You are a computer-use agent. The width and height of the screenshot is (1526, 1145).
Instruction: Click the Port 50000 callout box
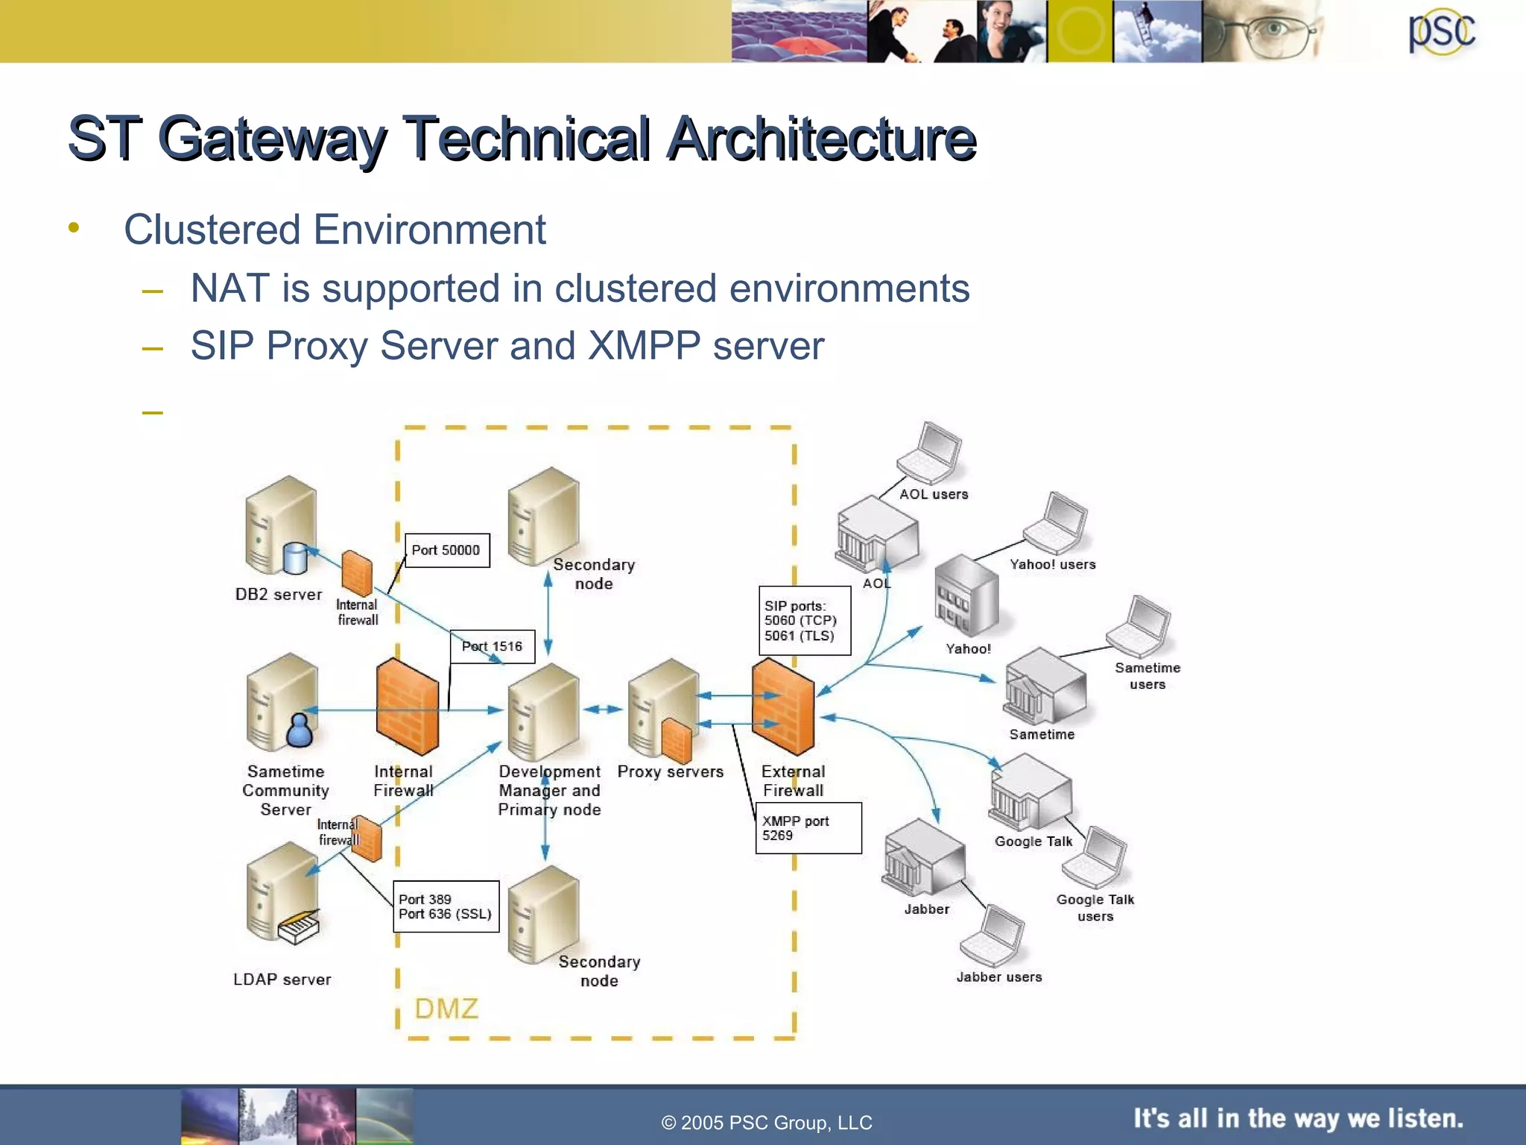tap(446, 550)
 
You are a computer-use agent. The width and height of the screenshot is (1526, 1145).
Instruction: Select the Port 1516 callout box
tap(492, 646)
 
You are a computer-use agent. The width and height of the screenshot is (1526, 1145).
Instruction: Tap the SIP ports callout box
tap(804, 620)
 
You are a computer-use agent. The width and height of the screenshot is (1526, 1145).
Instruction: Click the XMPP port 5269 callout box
tap(808, 827)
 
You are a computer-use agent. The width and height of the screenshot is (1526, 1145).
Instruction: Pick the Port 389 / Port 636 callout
tap(446, 906)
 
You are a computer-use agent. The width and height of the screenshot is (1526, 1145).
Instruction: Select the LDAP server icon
tap(283, 895)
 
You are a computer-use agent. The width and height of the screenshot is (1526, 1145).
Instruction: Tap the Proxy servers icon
tap(663, 708)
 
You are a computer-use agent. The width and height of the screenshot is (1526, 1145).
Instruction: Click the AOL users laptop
tap(929, 453)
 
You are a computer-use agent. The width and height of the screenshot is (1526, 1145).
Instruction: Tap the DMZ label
tap(446, 1009)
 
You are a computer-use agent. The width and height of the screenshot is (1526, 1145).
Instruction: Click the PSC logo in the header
tap(1441, 32)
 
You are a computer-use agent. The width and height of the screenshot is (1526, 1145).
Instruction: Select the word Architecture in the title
tap(820, 139)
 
